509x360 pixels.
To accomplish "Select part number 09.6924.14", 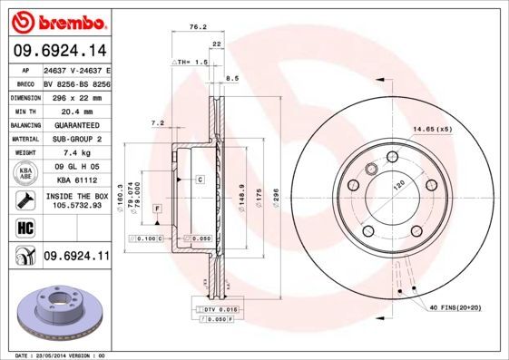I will click(60, 51).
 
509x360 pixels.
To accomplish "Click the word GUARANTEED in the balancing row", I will click(76, 124).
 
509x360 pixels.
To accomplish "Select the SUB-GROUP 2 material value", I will click(76, 139).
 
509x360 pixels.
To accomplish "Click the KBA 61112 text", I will click(76, 181).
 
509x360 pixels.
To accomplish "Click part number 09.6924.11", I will click(76, 257).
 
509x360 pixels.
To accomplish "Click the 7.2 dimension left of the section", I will click(157, 123).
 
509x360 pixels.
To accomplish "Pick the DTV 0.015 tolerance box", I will click(217, 310).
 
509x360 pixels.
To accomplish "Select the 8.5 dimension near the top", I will click(232, 79).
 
